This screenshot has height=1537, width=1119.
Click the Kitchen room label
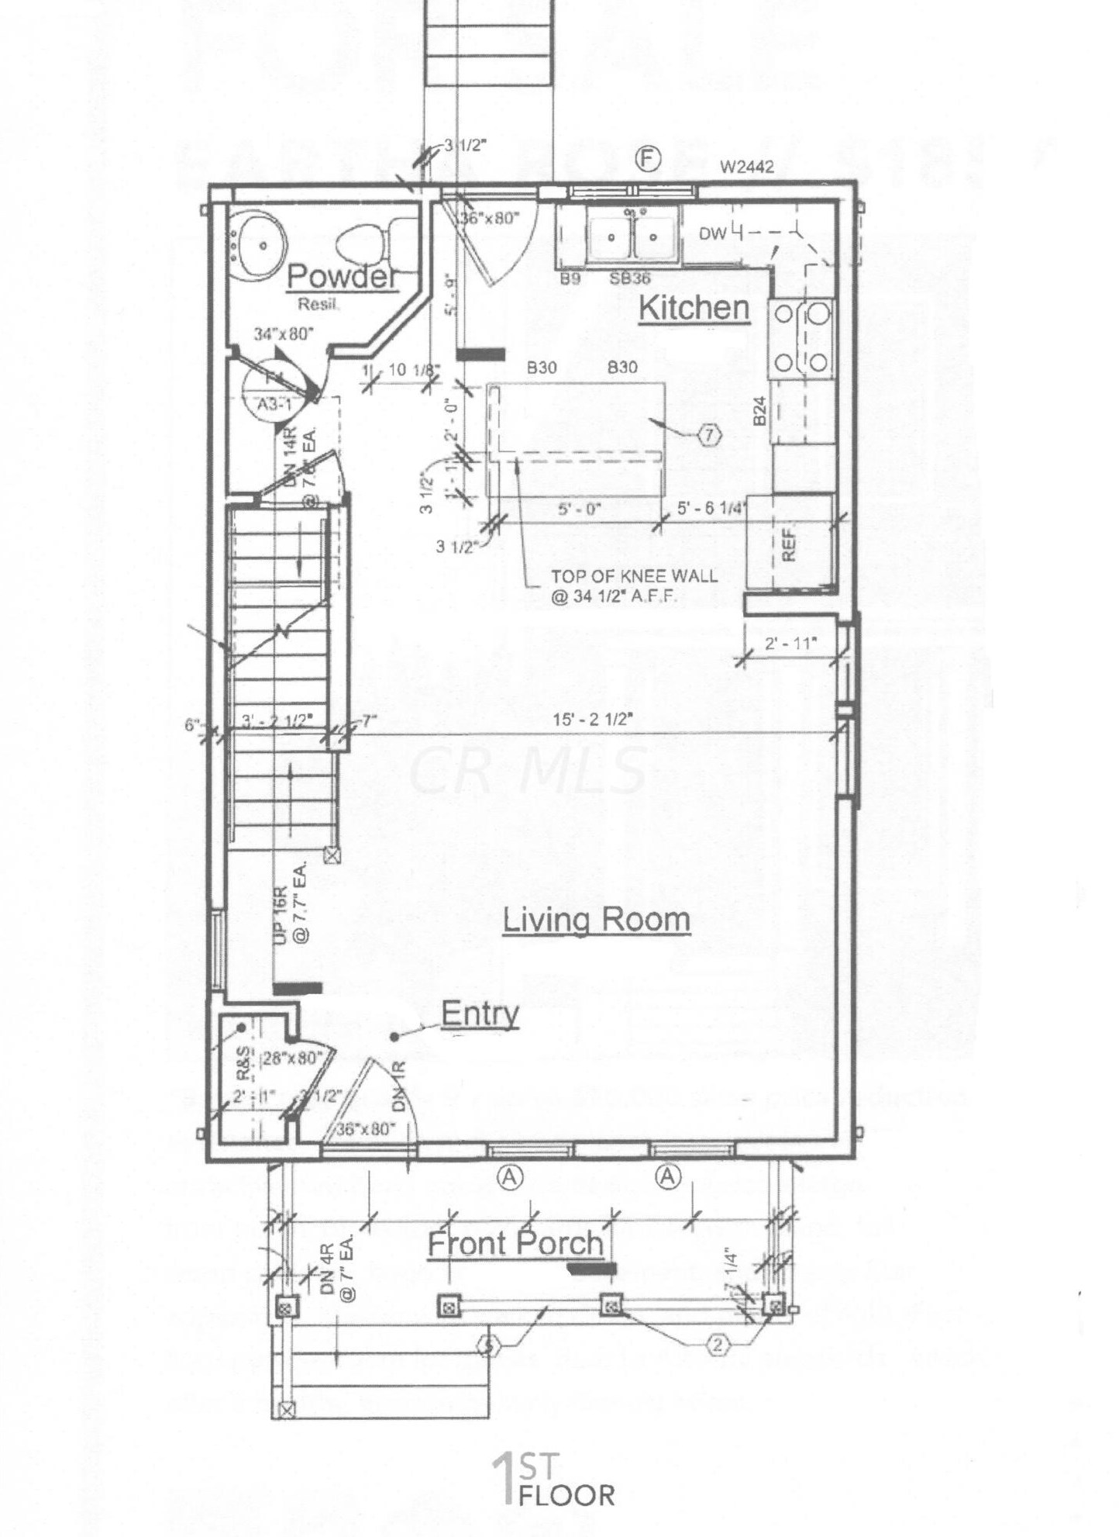(694, 308)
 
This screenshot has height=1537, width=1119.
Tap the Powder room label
(342, 276)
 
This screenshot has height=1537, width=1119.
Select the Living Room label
(596, 920)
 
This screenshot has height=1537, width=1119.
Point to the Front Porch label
(515, 1243)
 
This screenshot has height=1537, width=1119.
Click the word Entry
(480, 1014)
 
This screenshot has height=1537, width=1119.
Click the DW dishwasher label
(712, 233)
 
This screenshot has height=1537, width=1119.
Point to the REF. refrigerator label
(789, 544)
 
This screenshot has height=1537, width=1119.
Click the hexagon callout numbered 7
(710, 435)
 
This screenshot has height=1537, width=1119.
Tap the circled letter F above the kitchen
(647, 159)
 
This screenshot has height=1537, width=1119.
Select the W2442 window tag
(746, 167)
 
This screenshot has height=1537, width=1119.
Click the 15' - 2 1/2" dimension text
(593, 719)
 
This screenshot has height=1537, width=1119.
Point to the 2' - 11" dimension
(790, 643)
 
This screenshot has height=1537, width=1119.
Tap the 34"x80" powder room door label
(284, 334)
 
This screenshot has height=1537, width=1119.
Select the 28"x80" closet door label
(291, 1058)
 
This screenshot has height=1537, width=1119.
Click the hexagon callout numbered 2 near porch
(718, 1345)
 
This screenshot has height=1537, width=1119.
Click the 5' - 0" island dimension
(579, 509)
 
